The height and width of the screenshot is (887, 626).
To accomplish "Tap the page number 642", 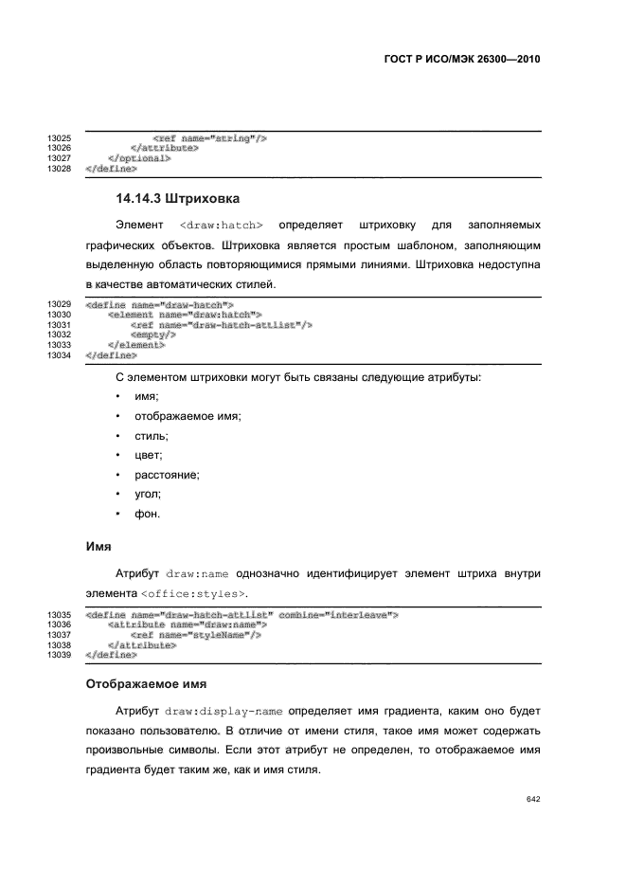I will coord(533,799).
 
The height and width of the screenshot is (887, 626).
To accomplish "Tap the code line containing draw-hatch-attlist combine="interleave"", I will coord(241,615).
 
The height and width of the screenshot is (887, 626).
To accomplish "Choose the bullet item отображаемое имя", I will coord(188,417).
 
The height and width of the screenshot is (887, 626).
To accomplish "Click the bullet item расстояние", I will coord(167,475).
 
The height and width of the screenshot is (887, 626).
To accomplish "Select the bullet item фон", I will coord(147,514).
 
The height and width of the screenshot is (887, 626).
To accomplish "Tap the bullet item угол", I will coord(148,494).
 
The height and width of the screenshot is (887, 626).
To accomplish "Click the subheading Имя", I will coord(99,547).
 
